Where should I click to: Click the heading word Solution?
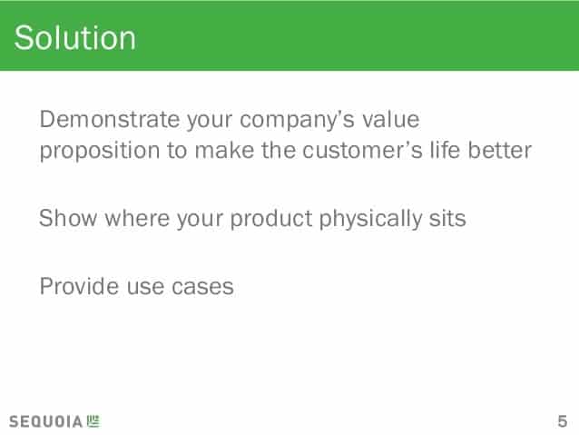[x=75, y=39]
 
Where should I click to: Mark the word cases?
[x=203, y=288]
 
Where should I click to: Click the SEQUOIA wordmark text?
[x=46, y=421]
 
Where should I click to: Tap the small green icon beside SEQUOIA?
[x=93, y=420]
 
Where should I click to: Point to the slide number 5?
[x=563, y=420]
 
